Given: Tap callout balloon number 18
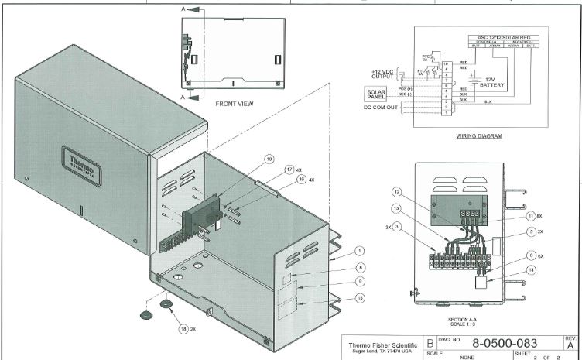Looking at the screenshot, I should click(x=183, y=328).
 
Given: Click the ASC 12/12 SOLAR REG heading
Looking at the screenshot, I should click(x=499, y=37).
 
